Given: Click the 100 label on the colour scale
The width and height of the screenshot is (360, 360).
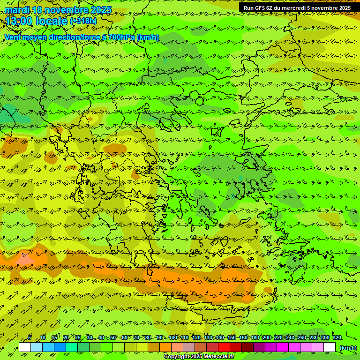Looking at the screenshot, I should [173, 337].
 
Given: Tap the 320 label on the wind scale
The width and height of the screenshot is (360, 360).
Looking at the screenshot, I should [337, 337].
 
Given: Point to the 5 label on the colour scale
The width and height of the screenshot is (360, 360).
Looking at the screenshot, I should [30, 337].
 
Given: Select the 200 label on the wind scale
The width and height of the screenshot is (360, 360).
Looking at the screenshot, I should [267, 337].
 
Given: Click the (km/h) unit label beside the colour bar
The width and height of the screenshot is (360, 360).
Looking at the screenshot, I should [348, 347].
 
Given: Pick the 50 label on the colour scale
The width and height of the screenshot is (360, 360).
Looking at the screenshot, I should [113, 337].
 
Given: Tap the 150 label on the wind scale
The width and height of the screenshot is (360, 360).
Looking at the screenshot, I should [232, 337].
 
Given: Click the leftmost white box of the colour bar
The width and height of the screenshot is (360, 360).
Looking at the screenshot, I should [25, 347].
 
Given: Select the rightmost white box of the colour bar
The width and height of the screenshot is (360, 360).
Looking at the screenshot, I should [330, 347].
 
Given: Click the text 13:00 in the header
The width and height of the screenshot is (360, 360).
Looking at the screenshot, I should [18, 21].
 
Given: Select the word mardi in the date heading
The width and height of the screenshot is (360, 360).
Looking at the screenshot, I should [18, 10].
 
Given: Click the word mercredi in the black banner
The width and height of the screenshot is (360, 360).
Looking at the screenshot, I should [294, 8].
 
